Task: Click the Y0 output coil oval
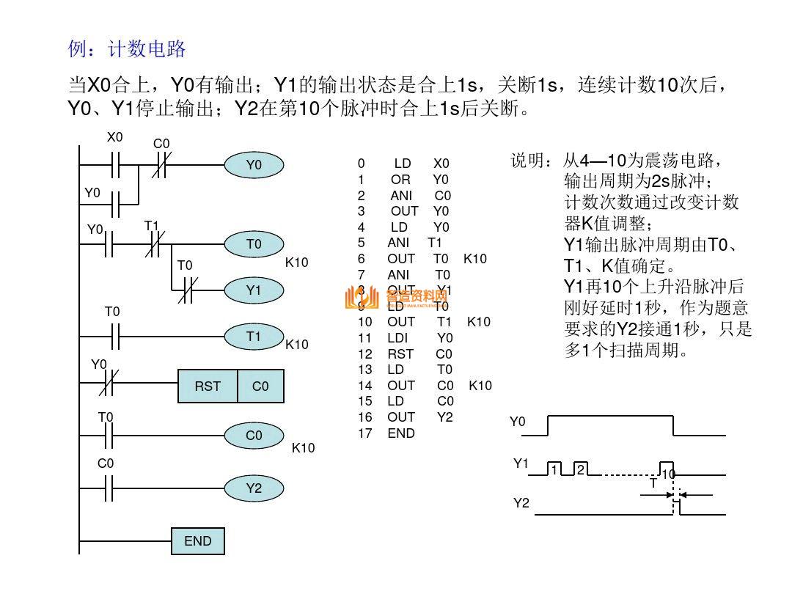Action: (x=253, y=166)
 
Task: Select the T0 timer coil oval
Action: (x=253, y=244)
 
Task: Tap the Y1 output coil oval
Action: (x=253, y=290)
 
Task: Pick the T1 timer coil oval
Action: (x=253, y=337)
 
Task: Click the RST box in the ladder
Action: (x=208, y=386)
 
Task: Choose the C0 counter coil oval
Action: (x=253, y=436)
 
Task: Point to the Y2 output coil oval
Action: (x=253, y=488)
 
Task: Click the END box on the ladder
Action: (x=197, y=541)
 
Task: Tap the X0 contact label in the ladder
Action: (x=115, y=137)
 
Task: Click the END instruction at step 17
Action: (x=401, y=433)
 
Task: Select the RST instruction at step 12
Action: (x=400, y=354)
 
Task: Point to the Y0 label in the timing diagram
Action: (x=518, y=422)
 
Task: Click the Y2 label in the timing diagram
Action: (x=521, y=503)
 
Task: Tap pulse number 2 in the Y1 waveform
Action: (x=579, y=469)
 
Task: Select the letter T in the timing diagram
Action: (x=653, y=483)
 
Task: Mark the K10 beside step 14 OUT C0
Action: (x=480, y=386)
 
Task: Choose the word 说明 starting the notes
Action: (x=527, y=161)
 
